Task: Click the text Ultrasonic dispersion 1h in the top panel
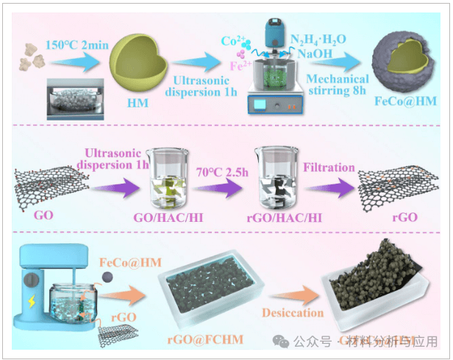point(199,84)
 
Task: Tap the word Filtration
point(329,169)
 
